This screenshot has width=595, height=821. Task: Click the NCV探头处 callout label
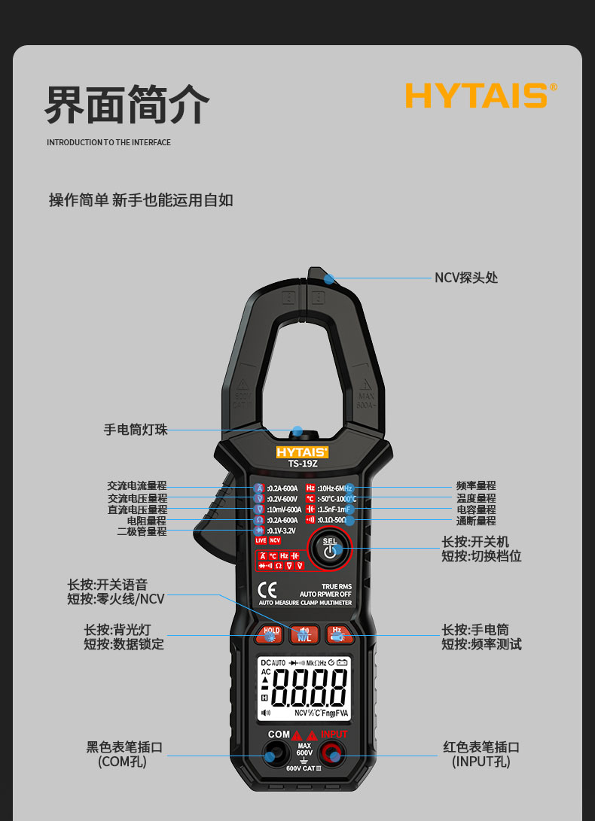[x=466, y=278]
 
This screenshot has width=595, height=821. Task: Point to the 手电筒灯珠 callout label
[x=136, y=430]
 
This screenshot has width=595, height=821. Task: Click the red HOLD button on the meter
[x=270, y=634]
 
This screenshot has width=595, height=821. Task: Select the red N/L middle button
[x=304, y=634]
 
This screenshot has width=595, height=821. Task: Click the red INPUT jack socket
[x=332, y=753]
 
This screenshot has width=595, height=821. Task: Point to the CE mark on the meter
[x=267, y=590]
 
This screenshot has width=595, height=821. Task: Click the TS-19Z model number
[x=303, y=464]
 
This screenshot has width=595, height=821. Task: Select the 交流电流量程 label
[x=137, y=486]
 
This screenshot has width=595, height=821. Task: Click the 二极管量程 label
[x=142, y=531]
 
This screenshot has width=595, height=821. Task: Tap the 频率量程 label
[x=476, y=487]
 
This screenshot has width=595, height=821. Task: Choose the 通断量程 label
[x=476, y=521]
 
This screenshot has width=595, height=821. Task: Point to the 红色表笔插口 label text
[x=481, y=747]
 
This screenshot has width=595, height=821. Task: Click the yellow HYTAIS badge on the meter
[x=302, y=452]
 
